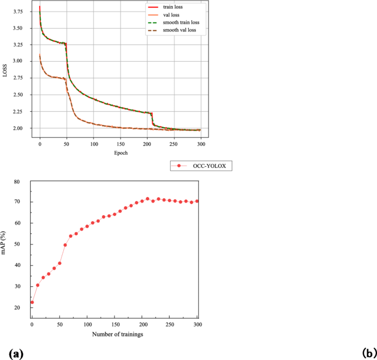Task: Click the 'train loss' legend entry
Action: click(x=174, y=7)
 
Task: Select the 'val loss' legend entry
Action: click(x=172, y=15)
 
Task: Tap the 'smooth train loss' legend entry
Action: click(x=181, y=22)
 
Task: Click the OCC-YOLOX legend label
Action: click(x=209, y=165)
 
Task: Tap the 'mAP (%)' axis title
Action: click(x=6, y=244)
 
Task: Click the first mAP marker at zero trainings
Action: click(x=32, y=302)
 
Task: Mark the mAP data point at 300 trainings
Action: click(x=197, y=201)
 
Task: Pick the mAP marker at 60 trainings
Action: click(x=65, y=245)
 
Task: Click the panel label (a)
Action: click(x=15, y=353)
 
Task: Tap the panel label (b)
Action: click(x=369, y=353)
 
